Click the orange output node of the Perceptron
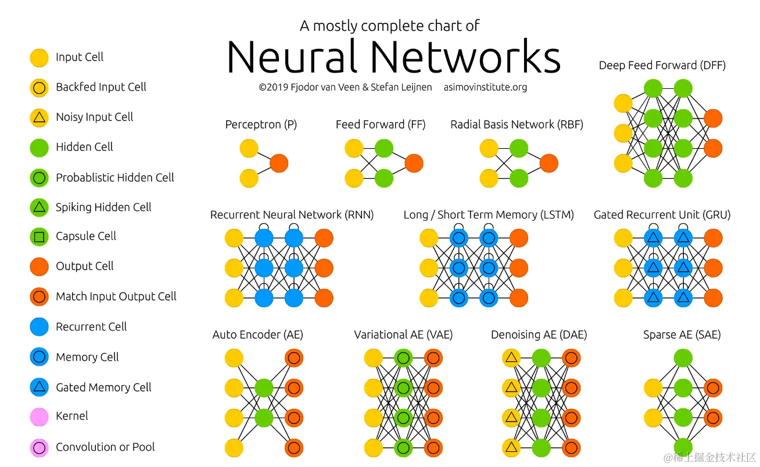pos(279,163)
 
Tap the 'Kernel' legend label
pos(72,416)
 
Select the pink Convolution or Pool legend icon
pos(39,447)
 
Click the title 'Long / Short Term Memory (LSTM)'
pos(488,215)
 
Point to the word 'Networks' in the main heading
pos(466,57)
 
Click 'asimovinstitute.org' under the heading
pos(485,88)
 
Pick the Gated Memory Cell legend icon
pos(39,387)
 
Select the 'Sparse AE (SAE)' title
pos(682,335)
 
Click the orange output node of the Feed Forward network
pos(414,163)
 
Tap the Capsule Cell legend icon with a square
pos(39,236)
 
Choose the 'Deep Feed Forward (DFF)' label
pos(662,66)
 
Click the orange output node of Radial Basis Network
pos(549,163)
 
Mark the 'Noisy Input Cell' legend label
pos(94,117)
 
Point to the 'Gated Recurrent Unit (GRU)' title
pos(662,215)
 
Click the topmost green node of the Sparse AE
pos(683,358)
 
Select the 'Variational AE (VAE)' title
pos(403,335)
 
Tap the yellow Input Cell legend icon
pos(39,58)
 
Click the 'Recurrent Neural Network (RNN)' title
pos(292,215)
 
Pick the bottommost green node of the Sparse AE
pos(683,448)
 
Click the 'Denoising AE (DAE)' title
pos(539,335)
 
